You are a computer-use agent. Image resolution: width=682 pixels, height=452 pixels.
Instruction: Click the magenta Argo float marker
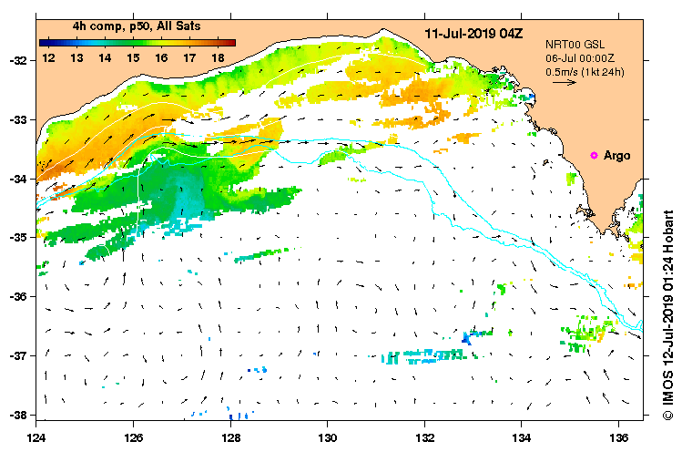(x=595, y=156)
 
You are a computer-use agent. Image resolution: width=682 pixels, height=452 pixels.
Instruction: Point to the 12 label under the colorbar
(x=48, y=57)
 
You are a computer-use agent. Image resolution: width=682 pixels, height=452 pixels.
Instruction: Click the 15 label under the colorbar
(x=133, y=57)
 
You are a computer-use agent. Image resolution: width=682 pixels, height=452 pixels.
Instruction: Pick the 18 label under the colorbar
(x=218, y=57)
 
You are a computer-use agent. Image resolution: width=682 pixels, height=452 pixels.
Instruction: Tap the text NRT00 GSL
(x=574, y=43)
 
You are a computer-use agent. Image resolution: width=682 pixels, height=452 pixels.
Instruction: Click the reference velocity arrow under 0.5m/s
(x=565, y=82)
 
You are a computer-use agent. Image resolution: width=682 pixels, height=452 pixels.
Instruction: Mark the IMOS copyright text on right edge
(x=667, y=310)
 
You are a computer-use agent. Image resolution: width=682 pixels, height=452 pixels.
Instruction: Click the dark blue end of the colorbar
(x=44, y=42)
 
